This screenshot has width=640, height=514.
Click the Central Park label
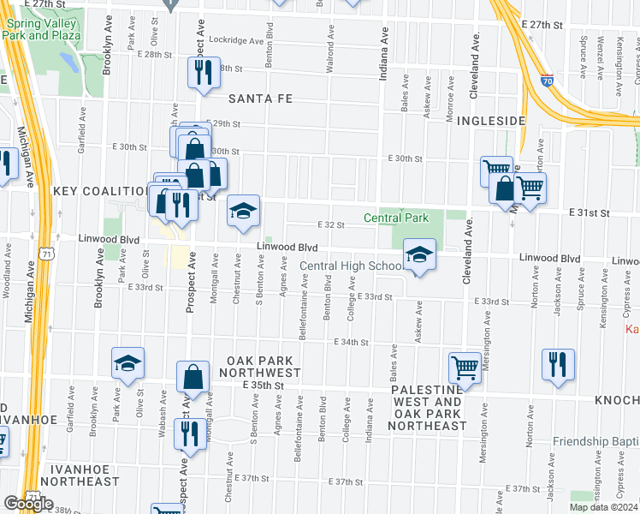(396, 218)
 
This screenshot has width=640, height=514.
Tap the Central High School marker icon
(419, 254)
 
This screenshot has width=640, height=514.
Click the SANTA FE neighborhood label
(259, 99)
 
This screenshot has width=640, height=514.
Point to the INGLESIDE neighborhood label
(490, 121)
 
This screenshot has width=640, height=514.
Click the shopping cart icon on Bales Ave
(465, 368)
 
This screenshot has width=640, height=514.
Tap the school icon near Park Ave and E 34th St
(127, 363)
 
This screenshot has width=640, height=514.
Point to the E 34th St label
(350, 342)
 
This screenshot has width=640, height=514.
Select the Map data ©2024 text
(604, 507)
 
